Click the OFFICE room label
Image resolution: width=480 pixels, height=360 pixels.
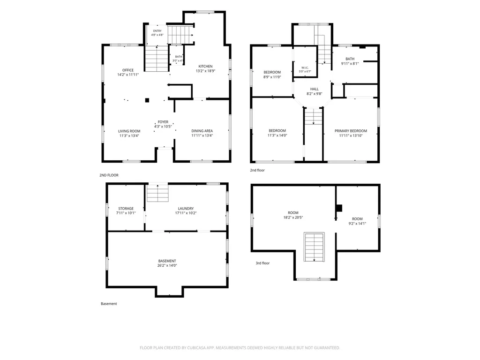128,70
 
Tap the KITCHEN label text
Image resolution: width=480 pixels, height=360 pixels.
205,66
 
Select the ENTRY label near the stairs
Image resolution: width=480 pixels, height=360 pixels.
157,31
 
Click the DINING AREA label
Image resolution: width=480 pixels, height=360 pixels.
202,131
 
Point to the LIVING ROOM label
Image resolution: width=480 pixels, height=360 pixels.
129,131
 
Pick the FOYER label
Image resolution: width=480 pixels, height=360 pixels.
163,122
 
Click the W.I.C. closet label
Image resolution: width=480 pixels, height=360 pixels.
305,67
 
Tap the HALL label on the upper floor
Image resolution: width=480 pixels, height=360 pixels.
315,89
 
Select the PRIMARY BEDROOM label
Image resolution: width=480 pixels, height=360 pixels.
351,131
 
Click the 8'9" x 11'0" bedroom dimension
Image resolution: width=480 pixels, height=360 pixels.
272,77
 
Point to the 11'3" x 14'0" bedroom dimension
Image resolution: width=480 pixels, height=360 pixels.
277,135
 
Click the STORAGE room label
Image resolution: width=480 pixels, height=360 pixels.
126,209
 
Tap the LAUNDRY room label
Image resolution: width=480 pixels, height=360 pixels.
186,209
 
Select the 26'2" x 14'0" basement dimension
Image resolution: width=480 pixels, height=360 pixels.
167,265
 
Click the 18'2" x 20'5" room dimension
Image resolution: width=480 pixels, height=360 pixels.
293,217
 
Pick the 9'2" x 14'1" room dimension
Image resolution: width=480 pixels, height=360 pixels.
357,224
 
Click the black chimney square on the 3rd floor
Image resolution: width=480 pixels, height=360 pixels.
338,208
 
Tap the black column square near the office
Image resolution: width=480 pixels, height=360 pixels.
147,100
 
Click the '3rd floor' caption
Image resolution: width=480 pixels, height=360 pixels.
262,263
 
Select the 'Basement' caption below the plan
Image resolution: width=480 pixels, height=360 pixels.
109,304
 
